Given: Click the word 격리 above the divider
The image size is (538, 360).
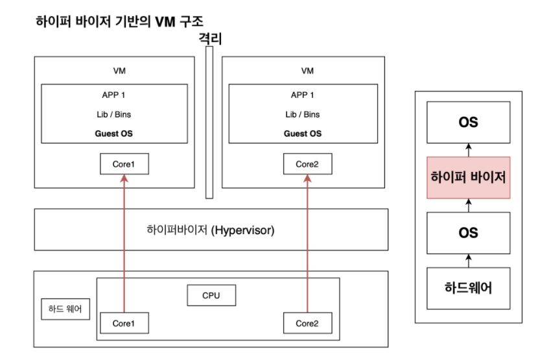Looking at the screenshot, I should [211, 39].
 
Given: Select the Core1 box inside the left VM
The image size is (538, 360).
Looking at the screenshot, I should [124, 164].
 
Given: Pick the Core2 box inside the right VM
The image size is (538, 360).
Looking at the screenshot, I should [307, 164].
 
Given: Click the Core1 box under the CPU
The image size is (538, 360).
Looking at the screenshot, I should [124, 323].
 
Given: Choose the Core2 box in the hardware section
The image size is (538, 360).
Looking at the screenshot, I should [307, 323].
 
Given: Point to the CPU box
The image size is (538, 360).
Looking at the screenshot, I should [211, 296].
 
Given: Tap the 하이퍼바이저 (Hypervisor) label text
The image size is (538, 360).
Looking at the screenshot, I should [211, 230].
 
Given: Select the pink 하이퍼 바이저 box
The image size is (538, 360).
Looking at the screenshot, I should [468, 177].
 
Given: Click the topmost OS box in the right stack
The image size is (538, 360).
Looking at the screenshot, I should [468, 122].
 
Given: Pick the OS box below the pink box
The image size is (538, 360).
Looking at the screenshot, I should [468, 232].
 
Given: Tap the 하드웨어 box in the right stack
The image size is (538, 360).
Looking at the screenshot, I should [468, 287].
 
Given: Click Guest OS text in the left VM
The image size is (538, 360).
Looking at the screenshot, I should [114, 134].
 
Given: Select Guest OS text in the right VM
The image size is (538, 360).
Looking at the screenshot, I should [303, 134].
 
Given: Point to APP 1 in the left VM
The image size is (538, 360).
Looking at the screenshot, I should [114, 95].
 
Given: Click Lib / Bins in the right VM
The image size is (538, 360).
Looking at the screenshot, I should [303, 115].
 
